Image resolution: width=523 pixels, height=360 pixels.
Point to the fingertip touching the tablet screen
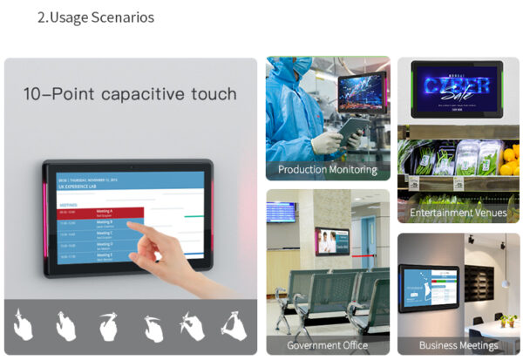tap(139, 230)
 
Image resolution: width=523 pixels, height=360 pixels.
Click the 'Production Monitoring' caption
tap(327, 169)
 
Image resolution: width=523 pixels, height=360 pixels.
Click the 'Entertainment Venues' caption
tap(458, 214)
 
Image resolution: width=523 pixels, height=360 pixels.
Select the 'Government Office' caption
tap(327, 345)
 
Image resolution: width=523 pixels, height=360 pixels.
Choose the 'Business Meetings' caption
tap(458, 345)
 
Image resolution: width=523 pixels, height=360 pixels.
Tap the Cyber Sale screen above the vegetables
tap(458, 89)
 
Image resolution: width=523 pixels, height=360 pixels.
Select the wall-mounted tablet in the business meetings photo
tap(428, 287)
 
